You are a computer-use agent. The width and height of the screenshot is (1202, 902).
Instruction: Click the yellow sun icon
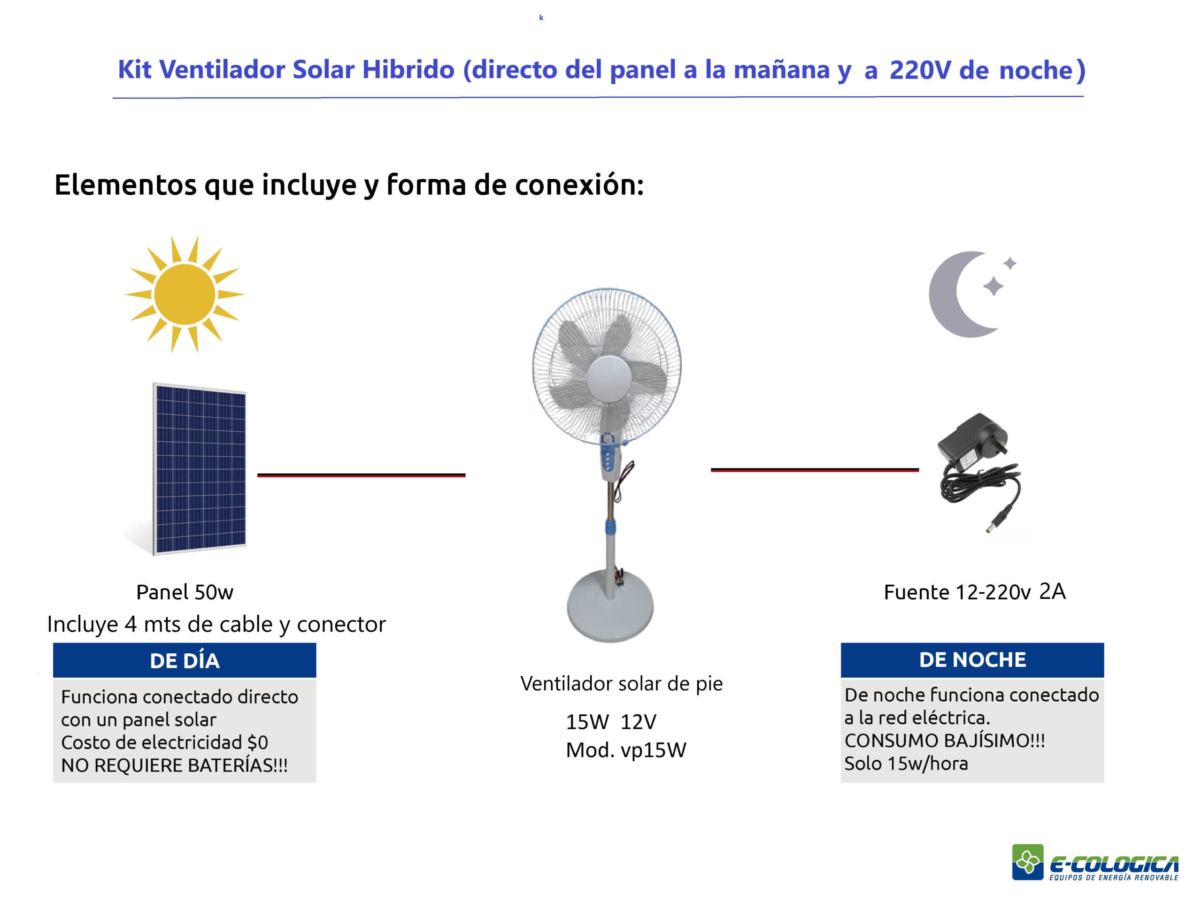pos(185,294)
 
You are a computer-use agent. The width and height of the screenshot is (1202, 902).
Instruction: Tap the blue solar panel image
pos(199,469)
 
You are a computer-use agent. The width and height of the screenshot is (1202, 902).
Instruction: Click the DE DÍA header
pos(185,660)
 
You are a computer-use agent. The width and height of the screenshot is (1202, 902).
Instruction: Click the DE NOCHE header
pos(972,660)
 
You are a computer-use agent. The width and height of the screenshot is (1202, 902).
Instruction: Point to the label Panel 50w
pos(185,592)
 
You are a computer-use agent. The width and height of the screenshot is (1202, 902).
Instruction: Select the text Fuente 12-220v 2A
pos(974,591)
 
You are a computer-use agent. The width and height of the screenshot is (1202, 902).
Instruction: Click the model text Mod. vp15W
pos(626,750)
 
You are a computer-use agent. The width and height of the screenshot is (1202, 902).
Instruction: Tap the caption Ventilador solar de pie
pos(622,684)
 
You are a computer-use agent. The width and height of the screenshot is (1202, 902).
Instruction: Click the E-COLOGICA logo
pos(1095,863)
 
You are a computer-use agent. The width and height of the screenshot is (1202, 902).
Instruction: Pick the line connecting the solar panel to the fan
pos(362,475)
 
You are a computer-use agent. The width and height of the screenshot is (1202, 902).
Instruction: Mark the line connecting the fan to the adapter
pos(815,470)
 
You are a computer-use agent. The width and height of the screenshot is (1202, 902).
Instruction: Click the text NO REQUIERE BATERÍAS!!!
pos(175,765)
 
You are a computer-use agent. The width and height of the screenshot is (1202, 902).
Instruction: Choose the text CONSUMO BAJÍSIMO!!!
pos(944,741)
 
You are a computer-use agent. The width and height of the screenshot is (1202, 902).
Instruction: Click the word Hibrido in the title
pos(408,69)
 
